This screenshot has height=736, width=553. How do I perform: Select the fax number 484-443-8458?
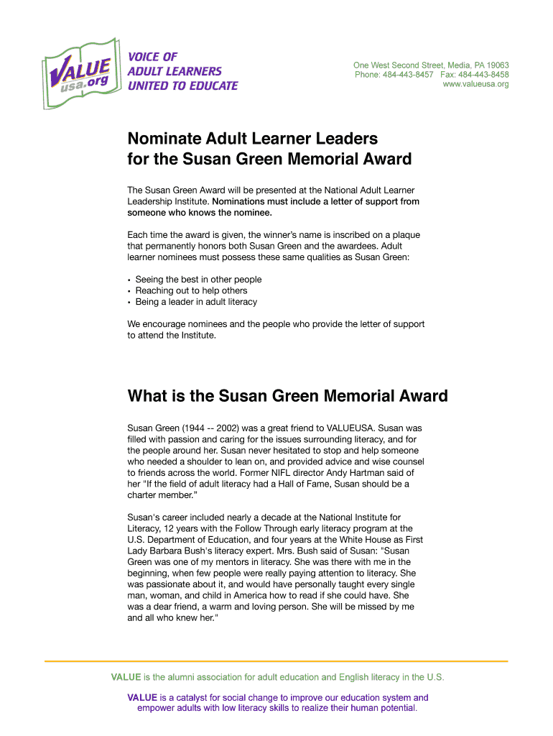click(x=485, y=75)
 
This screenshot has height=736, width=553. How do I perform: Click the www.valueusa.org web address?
click(x=475, y=84)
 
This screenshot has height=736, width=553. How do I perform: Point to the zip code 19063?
click(x=496, y=65)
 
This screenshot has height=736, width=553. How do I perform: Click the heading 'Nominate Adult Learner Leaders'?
click(x=252, y=137)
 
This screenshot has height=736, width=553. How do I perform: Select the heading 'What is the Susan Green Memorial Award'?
click(x=287, y=396)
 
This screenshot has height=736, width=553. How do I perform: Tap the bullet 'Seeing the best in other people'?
click(x=198, y=280)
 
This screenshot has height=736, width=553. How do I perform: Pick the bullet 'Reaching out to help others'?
click(x=191, y=290)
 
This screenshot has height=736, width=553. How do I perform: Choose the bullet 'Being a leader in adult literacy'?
click(x=196, y=302)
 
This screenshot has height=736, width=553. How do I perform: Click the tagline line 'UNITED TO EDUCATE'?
click(x=182, y=86)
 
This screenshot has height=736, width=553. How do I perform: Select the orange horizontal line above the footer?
click(x=276, y=661)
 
